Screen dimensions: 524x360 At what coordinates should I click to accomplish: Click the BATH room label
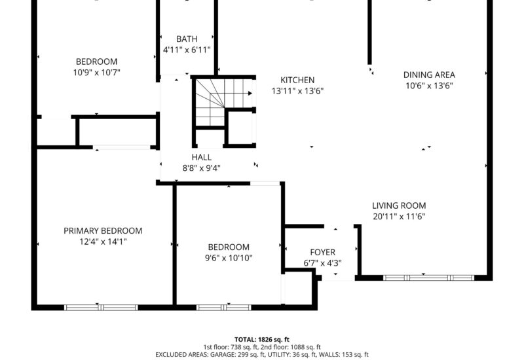click(x=187, y=39)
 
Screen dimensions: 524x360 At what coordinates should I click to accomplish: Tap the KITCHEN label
click(x=297, y=80)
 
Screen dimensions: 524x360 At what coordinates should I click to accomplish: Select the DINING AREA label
click(x=429, y=75)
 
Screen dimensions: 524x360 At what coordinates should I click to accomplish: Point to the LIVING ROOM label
click(x=399, y=206)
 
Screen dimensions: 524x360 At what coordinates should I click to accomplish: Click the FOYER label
click(x=322, y=252)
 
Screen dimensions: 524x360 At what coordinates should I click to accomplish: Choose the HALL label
click(x=202, y=157)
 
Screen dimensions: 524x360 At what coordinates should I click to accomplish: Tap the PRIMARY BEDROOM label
click(x=103, y=231)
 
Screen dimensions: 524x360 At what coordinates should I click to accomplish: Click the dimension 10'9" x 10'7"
click(x=96, y=72)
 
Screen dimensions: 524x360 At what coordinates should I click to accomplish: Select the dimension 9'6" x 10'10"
click(x=229, y=258)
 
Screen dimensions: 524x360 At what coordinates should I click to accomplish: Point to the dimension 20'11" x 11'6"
click(x=399, y=217)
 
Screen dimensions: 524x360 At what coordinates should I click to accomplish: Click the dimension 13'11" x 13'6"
click(x=297, y=91)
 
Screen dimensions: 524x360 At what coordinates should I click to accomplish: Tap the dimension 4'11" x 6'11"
click(x=187, y=50)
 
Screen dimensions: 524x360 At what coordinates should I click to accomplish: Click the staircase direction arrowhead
click(x=250, y=94)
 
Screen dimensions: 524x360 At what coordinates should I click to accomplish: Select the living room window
click(x=428, y=278)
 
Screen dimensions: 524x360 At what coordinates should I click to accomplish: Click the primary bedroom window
click(x=101, y=308)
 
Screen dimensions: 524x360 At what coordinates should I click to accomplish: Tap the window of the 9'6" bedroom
click(x=223, y=308)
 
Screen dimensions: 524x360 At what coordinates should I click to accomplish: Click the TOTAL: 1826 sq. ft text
click(x=261, y=340)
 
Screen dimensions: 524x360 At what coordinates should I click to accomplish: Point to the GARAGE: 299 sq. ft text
click(x=236, y=354)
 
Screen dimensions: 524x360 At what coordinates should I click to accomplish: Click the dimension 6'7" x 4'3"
click(x=322, y=263)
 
